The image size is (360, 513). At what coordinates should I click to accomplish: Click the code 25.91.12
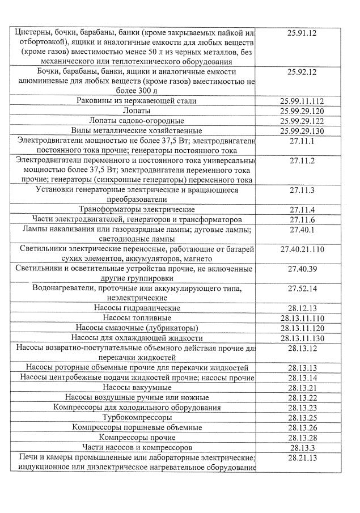point(302,32)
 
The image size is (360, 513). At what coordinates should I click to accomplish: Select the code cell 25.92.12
point(302,72)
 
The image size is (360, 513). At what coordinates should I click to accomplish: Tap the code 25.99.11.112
point(302,101)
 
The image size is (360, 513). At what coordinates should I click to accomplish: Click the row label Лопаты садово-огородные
point(136,121)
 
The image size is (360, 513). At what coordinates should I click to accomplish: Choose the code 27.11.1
point(302,141)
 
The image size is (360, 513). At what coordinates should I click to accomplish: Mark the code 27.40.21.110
point(302,249)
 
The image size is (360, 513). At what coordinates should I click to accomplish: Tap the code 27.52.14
point(302,289)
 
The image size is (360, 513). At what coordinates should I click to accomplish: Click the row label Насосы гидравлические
point(137,308)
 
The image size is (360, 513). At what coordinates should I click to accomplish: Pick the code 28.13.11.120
point(302,328)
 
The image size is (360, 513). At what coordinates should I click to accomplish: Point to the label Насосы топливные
point(137,318)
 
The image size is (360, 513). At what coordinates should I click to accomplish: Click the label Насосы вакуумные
point(137,387)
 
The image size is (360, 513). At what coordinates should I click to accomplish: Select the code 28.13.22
point(302,397)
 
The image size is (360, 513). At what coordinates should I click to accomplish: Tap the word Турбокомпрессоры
point(137,417)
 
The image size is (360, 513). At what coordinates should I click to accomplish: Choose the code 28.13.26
point(302,427)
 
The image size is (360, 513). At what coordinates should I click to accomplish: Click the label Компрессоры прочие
point(137,438)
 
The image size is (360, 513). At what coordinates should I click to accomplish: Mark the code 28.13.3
point(302,447)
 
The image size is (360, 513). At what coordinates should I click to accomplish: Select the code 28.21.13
point(302,457)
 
